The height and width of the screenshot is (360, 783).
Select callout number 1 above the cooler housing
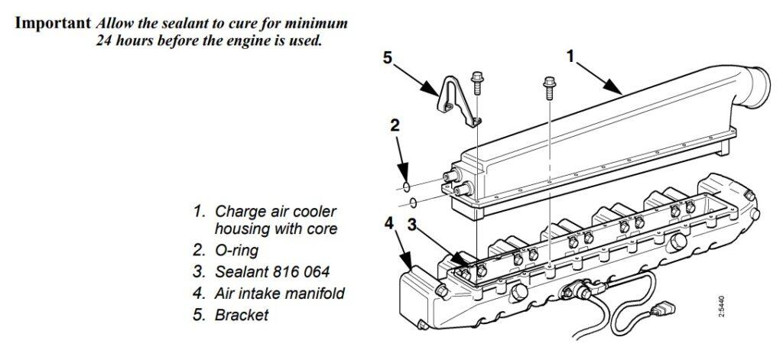coord(570,56)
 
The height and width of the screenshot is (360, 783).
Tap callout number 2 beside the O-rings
coord(395,125)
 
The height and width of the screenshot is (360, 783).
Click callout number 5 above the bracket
coord(388,58)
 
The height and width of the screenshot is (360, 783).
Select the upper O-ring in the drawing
coord(406,185)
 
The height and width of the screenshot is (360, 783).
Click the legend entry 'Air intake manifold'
coord(279,292)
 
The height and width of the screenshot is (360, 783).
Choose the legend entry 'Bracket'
coord(242,314)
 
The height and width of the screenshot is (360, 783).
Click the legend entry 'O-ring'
coord(240,249)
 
